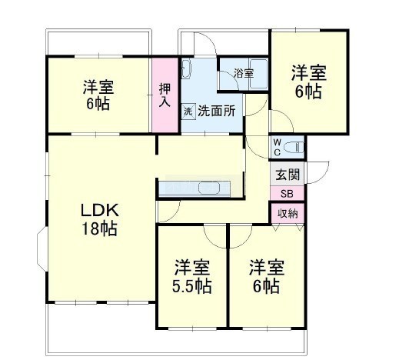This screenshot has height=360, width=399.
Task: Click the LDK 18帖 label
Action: coord(99,219)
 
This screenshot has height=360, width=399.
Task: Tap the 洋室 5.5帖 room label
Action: coord(192,277)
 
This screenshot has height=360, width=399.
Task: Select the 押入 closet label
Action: coord(165,95)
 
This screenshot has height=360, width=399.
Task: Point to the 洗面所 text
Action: coord(217,111)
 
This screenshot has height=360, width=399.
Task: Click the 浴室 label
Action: coord(244,74)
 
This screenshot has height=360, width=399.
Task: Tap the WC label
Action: coord(278,147)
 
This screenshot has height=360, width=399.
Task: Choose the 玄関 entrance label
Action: coord(288,175)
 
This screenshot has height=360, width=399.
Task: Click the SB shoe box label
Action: coord(287,194)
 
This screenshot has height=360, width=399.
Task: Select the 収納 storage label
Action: coord(288,213)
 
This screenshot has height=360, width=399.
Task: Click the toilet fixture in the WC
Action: coord(296,147)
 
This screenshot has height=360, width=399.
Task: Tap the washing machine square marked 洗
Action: coord(188,112)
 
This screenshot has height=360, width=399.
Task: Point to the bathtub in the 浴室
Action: coord(258,74)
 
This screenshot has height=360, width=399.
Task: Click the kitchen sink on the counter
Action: coord(209,188)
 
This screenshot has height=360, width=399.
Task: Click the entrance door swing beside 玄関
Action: coord(318,172)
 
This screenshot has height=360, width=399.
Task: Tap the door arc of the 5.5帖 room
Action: coord(214,236)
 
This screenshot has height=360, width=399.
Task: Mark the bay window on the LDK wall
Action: coord(42,248)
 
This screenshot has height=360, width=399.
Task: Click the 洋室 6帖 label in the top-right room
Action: coord(308,82)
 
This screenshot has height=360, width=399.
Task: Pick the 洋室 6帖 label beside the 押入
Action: coord(98,95)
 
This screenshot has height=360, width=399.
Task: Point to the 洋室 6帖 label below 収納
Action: coord(267,277)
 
